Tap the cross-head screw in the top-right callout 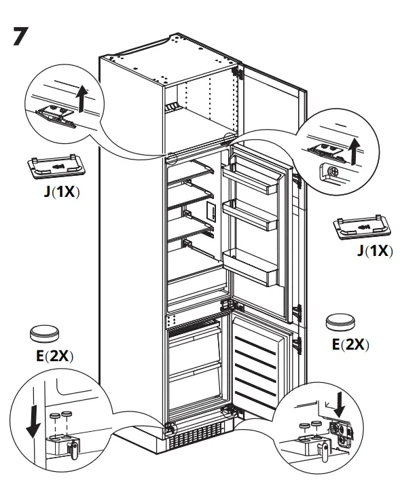(333, 172)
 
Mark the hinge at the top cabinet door (237, 70)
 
